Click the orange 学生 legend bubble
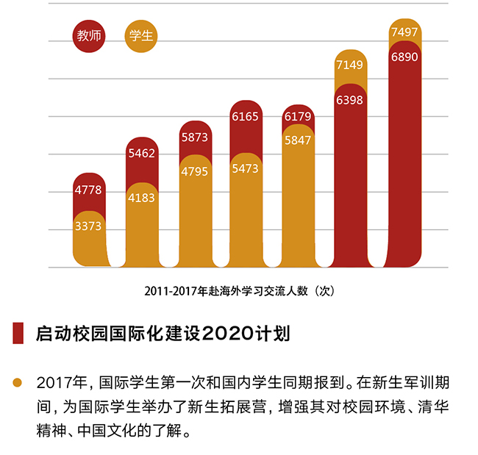pyautogui.click(x=141, y=36)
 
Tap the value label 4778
pyautogui.click(x=88, y=190)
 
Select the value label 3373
pyautogui.click(x=88, y=226)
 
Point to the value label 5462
pyautogui.click(x=141, y=154)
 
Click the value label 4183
pyautogui.click(x=141, y=198)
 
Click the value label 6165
pyautogui.click(x=246, y=116)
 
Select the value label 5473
pyautogui.click(x=246, y=169)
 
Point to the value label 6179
pyautogui.click(x=298, y=116)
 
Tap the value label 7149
pyautogui.click(x=350, y=65)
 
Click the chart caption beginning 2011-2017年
pyautogui.click(x=240, y=291)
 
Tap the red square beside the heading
pyautogui.click(x=18, y=334)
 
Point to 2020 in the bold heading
pyautogui.click(x=219, y=334)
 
